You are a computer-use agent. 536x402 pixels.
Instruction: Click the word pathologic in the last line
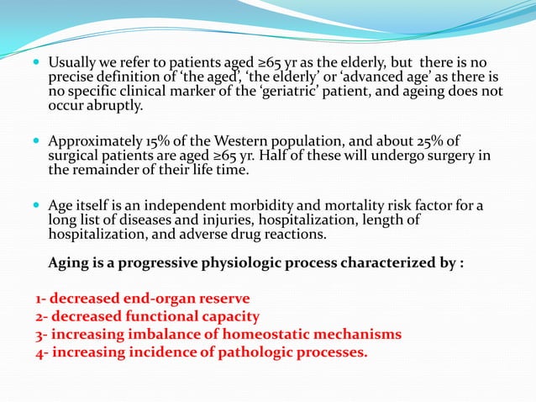coord(245,352)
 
